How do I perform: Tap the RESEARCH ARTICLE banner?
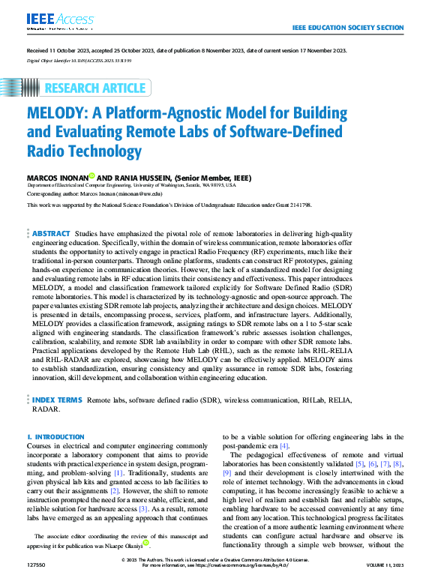[x=95, y=88]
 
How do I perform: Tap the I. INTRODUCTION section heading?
[x=55, y=436]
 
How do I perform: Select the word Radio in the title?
[x=46, y=151]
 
